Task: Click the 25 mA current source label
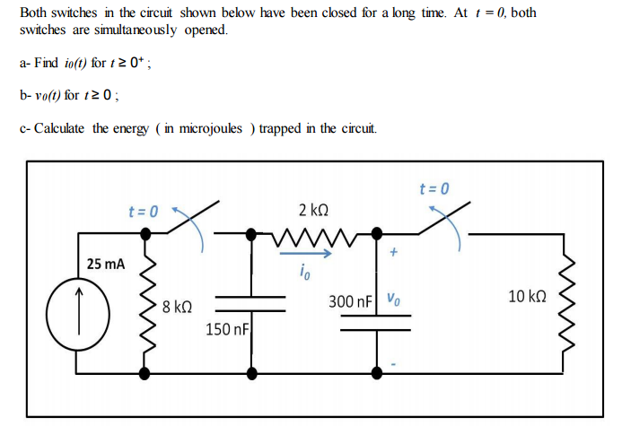(x=107, y=265)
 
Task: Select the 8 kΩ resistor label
(x=178, y=306)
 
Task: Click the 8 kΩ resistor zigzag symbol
(x=144, y=306)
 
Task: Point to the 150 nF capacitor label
(x=227, y=330)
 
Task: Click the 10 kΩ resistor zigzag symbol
(x=563, y=303)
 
